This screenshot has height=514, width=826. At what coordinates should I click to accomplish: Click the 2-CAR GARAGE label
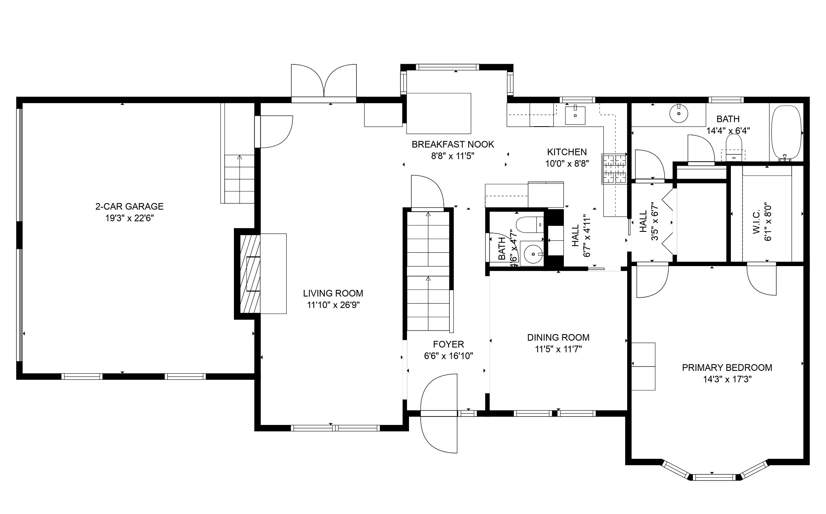[129, 206]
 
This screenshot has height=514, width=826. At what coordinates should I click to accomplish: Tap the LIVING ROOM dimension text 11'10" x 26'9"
[333, 305]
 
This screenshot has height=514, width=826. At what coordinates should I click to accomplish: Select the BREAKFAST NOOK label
[453, 144]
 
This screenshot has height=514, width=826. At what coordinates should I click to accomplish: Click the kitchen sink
[575, 115]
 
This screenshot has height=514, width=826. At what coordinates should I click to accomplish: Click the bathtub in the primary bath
[786, 133]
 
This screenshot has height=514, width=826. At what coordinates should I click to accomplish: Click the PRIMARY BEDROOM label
[727, 368]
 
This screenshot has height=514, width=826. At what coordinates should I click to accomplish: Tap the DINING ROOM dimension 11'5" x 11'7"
[558, 349]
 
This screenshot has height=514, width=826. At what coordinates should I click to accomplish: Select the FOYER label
[448, 344]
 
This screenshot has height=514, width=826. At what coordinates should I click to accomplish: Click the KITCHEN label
[567, 152]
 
